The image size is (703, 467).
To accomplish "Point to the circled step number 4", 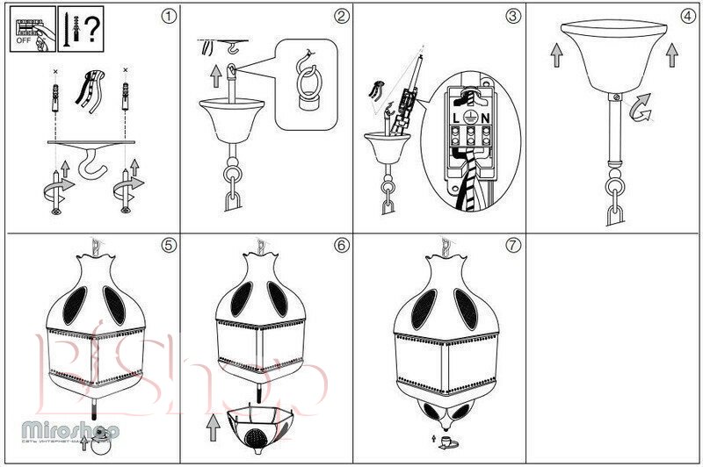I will pyautogui.click(x=687, y=15).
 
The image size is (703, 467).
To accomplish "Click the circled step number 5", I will pyautogui.click(x=170, y=245).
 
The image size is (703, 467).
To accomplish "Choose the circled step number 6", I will pyautogui.click(x=342, y=245).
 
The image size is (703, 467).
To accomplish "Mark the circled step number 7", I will pyautogui.click(x=512, y=245).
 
